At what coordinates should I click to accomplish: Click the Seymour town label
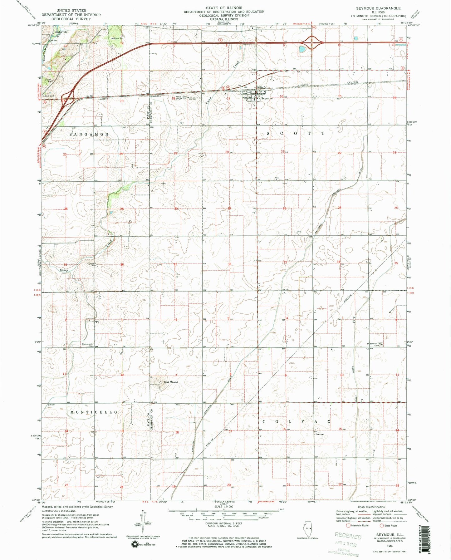(267, 98)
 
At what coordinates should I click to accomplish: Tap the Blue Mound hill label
(171, 382)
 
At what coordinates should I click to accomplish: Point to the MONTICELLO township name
(94, 412)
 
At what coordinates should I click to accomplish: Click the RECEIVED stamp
(348, 536)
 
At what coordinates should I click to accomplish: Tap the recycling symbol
(136, 544)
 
